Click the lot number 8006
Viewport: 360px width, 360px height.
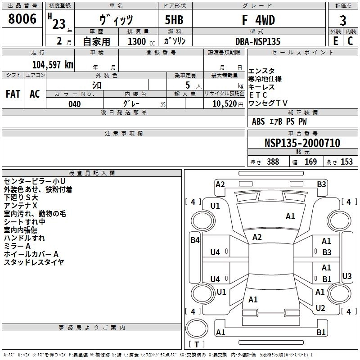(22, 19)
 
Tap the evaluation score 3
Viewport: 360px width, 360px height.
(343, 21)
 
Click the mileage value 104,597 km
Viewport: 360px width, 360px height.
(53, 64)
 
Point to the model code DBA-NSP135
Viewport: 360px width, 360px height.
(257, 41)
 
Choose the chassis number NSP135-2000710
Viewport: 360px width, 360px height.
(302, 143)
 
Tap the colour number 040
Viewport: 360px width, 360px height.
(75, 104)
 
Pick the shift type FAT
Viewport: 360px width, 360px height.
(13, 94)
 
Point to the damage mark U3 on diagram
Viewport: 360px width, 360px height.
(346, 276)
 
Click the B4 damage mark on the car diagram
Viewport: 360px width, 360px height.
(195, 240)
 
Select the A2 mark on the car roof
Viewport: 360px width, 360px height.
(257, 237)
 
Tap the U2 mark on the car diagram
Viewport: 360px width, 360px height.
(320, 308)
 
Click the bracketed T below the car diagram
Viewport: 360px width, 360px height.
(196, 345)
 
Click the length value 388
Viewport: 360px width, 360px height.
(273, 162)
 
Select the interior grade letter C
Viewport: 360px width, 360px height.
(350, 41)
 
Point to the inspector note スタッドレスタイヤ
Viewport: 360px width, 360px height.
(34, 262)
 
